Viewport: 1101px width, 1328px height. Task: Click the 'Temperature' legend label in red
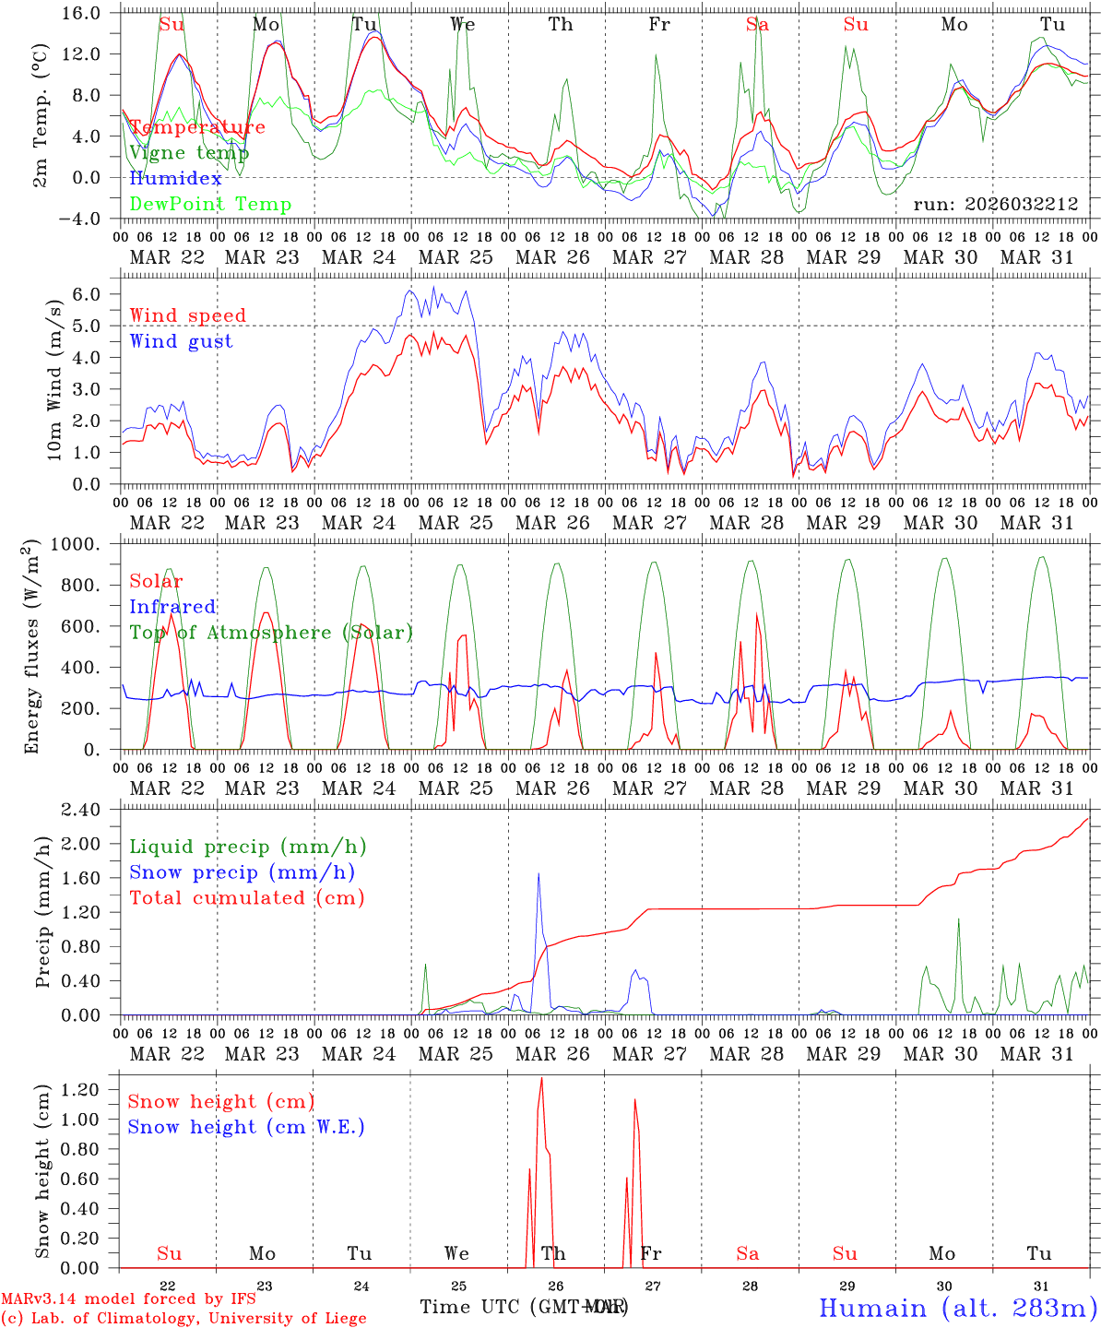coord(196,127)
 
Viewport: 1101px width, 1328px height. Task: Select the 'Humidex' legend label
coord(175,179)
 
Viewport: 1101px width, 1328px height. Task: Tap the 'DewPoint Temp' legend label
coord(210,205)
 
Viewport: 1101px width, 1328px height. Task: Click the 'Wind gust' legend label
coord(181,341)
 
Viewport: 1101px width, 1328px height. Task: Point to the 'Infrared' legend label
coord(172,607)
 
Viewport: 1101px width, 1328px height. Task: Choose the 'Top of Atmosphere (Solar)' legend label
coord(271,633)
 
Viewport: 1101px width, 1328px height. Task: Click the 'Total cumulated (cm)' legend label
coord(247,897)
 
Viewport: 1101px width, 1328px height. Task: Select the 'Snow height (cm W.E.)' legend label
coord(246,1127)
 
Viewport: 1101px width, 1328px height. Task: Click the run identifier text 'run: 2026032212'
coord(995,205)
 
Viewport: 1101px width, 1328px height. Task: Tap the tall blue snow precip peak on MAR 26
coord(539,874)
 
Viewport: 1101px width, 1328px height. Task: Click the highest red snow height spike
coord(541,1078)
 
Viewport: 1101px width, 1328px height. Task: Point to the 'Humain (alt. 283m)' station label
coord(957,1307)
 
